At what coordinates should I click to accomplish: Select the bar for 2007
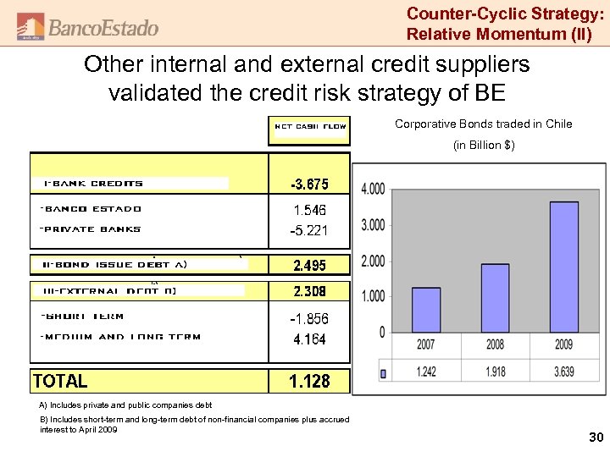coord(426,309)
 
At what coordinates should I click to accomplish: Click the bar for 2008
coord(495,297)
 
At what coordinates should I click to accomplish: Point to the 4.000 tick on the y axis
coord(374,188)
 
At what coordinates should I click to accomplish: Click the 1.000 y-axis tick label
coord(374,296)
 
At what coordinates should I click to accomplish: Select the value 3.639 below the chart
coord(563,372)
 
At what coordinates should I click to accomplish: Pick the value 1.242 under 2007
coord(426,372)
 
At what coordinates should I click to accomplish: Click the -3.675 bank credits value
coord(309,184)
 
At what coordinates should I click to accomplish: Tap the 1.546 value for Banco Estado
coord(309,209)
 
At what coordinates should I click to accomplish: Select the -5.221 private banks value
coord(309,230)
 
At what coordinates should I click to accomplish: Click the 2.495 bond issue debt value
coord(309,265)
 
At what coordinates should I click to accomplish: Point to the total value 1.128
coord(309,381)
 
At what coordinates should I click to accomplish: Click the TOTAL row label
coord(60,381)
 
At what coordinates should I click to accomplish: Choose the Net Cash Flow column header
coord(310,127)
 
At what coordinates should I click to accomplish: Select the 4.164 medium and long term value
coord(309,339)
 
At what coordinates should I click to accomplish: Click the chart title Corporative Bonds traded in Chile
coord(483,124)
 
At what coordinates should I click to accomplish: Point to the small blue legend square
coord(383,372)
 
